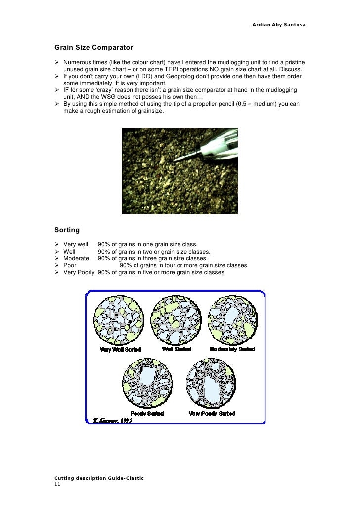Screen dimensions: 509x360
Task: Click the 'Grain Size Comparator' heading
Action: point(93,48)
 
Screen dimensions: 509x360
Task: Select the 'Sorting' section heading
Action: point(67,230)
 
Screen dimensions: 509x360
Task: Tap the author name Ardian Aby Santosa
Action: point(278,24)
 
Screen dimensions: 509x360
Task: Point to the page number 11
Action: point(57,485)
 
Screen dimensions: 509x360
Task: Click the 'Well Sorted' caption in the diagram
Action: point(177,349)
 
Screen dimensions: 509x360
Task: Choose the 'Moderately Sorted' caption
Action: point(232,349)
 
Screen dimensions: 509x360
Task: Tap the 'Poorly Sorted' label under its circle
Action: point(147,413)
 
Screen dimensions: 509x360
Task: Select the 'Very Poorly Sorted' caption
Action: point(212,413)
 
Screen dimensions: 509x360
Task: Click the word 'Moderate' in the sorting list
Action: point(76,258)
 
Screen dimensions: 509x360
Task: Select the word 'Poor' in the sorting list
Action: point(70,265)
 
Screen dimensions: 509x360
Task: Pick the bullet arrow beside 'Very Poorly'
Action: point(57,272)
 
